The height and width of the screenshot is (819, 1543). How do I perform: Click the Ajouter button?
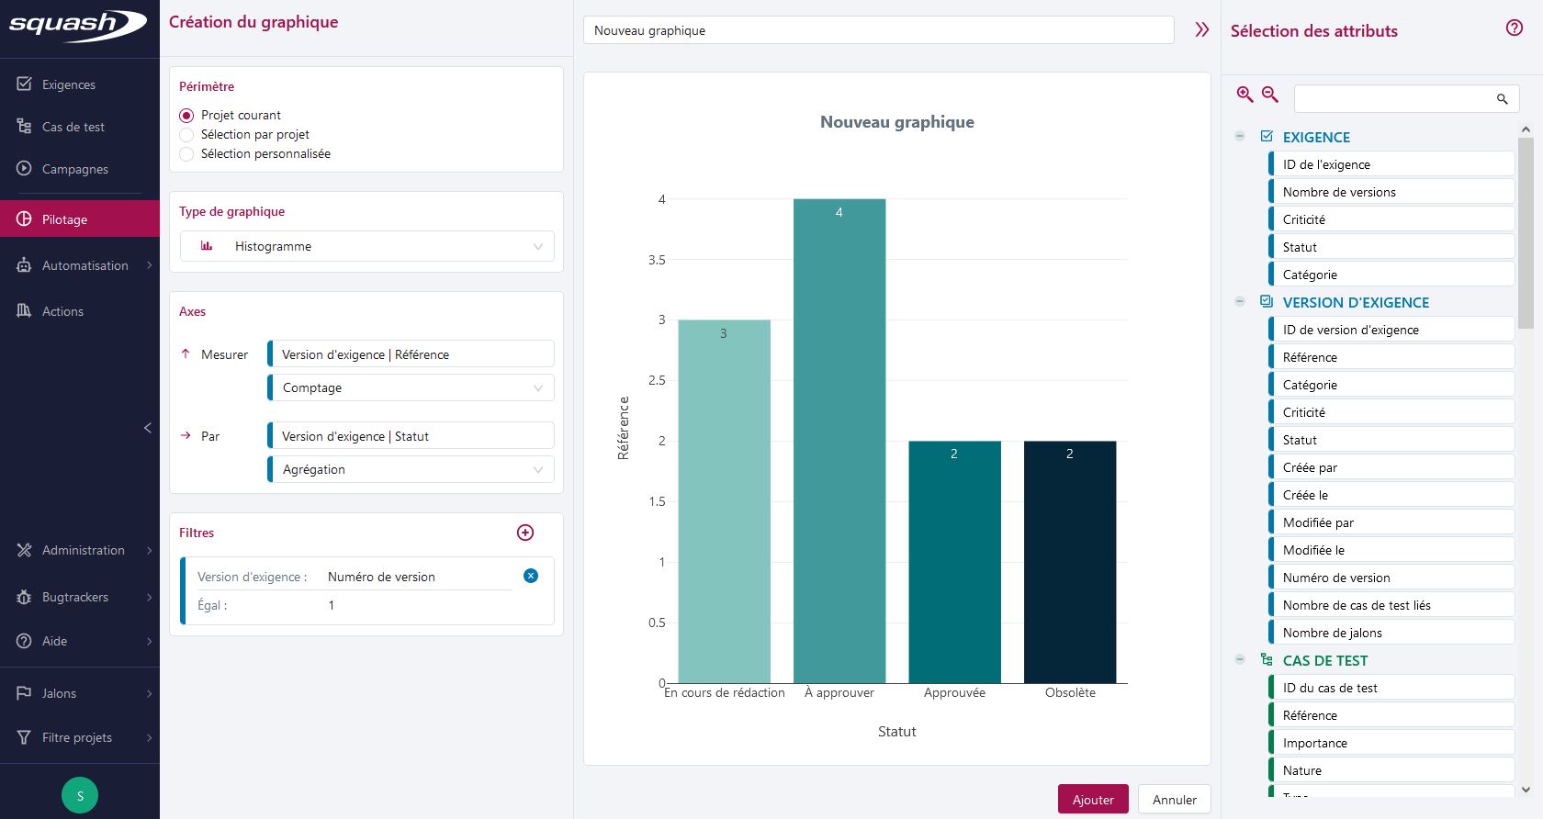[1093, 799]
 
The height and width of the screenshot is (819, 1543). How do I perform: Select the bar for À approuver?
[839, 441]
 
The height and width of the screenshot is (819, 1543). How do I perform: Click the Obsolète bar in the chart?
[1070, 562]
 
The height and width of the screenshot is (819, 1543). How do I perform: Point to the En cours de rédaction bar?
[724, 501]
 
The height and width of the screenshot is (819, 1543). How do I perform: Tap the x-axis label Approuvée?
[954, 693]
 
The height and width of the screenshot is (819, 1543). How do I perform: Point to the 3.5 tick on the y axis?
[656, 260]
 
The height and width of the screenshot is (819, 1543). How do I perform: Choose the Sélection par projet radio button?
[186, 134]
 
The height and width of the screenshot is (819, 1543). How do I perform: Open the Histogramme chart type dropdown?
[366, 246]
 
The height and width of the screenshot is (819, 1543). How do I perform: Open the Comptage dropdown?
[411, 387]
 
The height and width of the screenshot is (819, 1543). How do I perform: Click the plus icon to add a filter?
[525, 533]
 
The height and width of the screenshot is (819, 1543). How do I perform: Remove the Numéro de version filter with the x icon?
[531, 576]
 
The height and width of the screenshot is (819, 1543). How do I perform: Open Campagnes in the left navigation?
[74, 169]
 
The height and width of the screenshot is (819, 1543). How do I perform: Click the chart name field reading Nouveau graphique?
[877, 30]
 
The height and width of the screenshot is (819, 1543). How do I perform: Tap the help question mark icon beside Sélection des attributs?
[1515, 28]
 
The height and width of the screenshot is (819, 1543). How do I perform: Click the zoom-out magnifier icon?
[1270, 95]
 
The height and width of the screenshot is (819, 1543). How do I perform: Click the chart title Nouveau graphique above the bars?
[896, 122]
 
